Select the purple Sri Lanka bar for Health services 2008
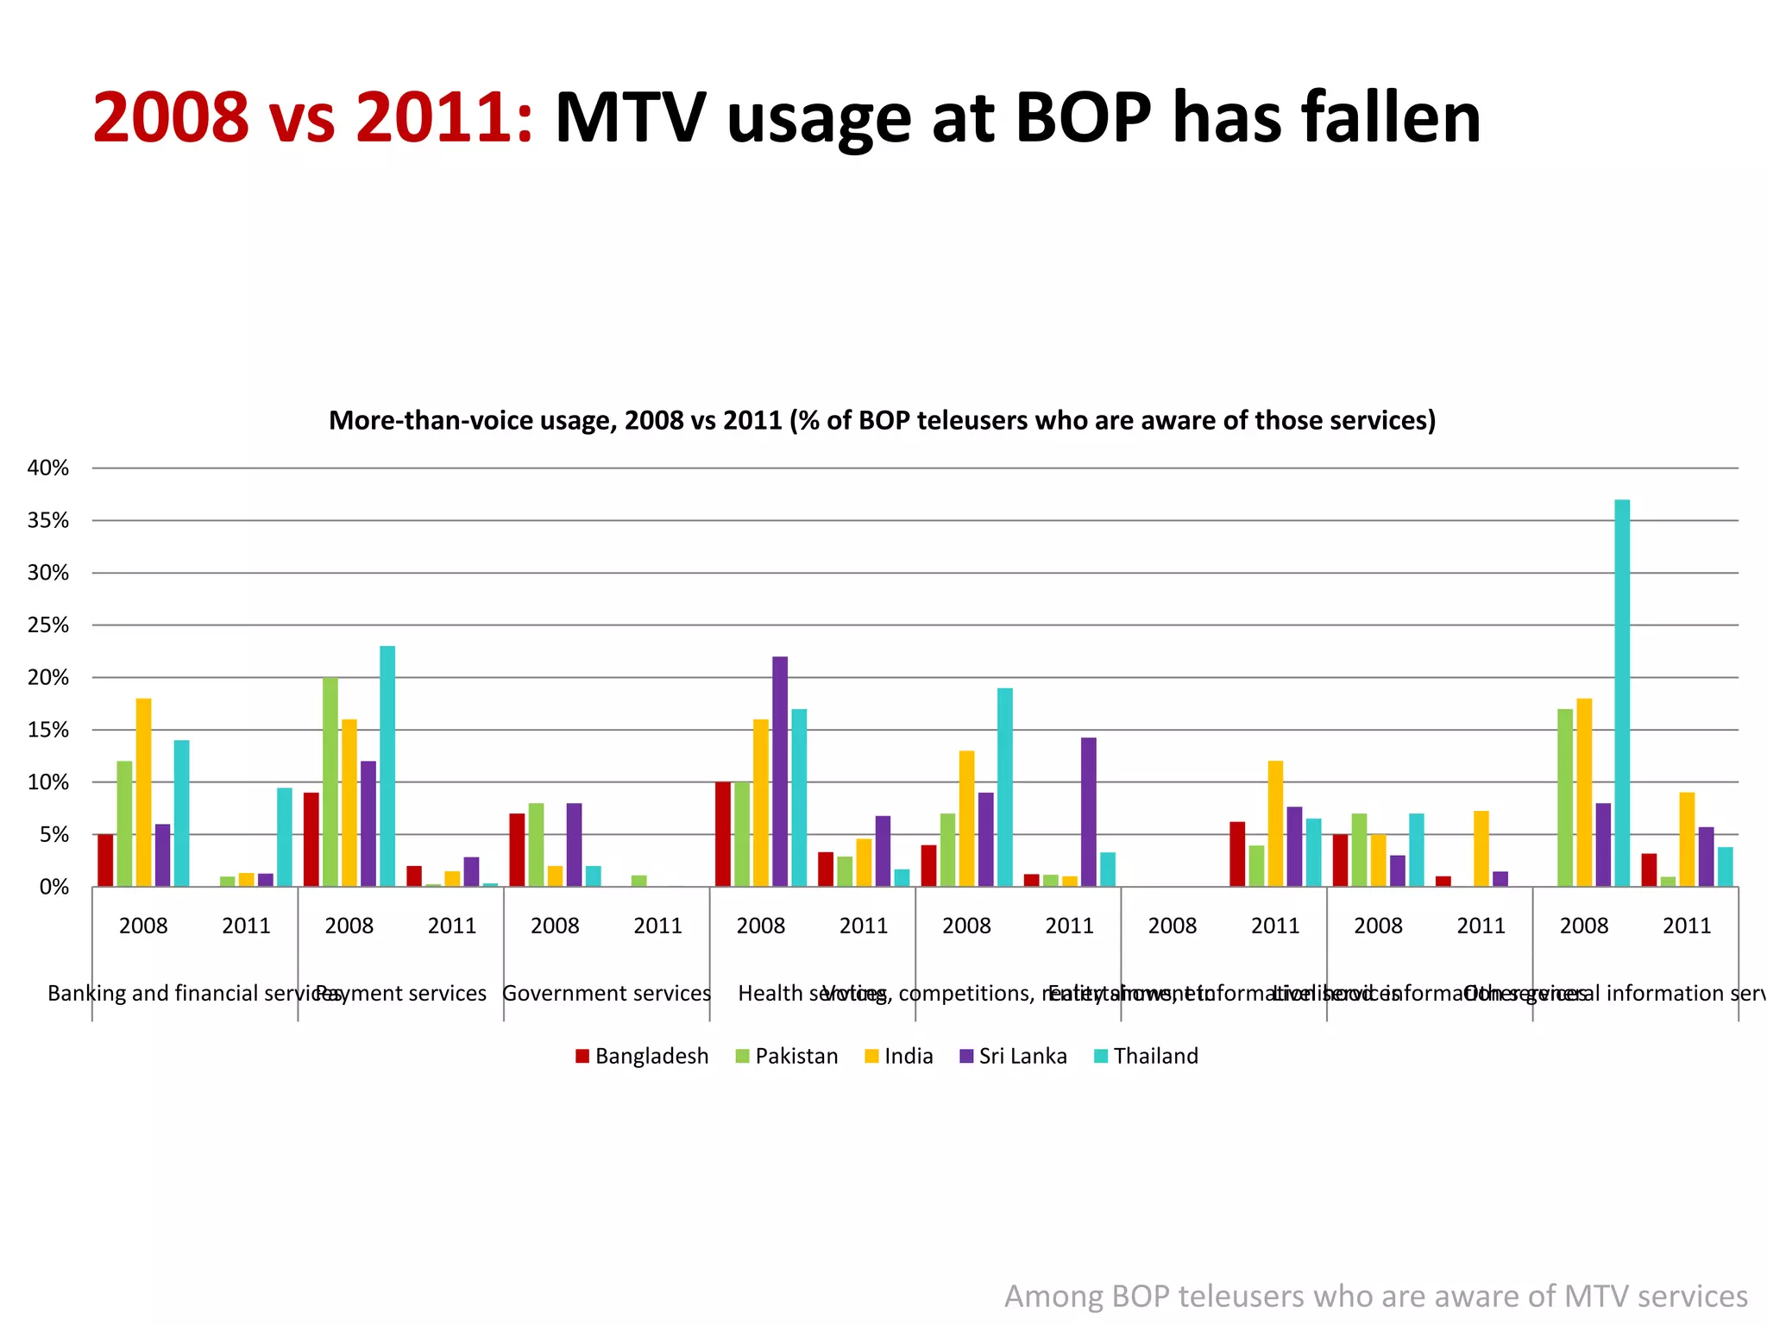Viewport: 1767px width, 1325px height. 780,771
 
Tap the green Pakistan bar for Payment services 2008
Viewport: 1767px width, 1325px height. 330,782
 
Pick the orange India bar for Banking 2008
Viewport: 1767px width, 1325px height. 143,792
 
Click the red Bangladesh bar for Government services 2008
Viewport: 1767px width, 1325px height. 517,850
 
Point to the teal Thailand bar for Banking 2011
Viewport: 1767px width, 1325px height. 285,837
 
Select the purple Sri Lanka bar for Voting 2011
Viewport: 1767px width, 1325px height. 1089,812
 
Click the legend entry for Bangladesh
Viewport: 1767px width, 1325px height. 642,1056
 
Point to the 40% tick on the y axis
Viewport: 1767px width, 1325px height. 48,468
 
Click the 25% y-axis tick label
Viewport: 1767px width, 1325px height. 48,625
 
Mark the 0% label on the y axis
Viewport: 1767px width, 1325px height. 53,888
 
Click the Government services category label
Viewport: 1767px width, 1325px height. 607,994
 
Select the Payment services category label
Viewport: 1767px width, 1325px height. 403,994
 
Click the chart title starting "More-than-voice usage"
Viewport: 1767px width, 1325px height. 882,421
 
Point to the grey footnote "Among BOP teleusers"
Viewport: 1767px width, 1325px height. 1375,1297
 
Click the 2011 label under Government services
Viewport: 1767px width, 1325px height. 657,926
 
